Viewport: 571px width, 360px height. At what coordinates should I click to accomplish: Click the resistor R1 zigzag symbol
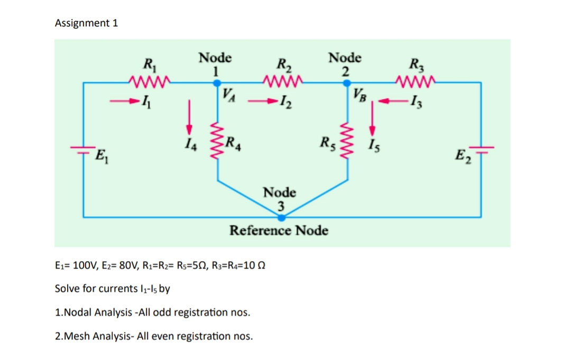(149, 81)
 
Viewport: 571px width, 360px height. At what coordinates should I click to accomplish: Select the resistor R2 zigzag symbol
(282, 81)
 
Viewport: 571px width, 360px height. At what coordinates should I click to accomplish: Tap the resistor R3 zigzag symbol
(416, 81)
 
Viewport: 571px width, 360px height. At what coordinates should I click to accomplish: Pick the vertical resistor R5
(346, 142)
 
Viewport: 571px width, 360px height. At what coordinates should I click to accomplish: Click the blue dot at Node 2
(346, 82)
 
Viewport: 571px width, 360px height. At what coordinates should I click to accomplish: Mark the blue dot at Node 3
(282, 217)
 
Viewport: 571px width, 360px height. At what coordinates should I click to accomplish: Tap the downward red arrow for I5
(373, 119)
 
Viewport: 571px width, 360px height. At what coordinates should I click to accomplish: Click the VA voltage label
(229, 95)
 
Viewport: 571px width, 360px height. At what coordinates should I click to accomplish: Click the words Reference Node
(279, 231)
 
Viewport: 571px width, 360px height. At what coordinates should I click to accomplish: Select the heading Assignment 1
(87, 23)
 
